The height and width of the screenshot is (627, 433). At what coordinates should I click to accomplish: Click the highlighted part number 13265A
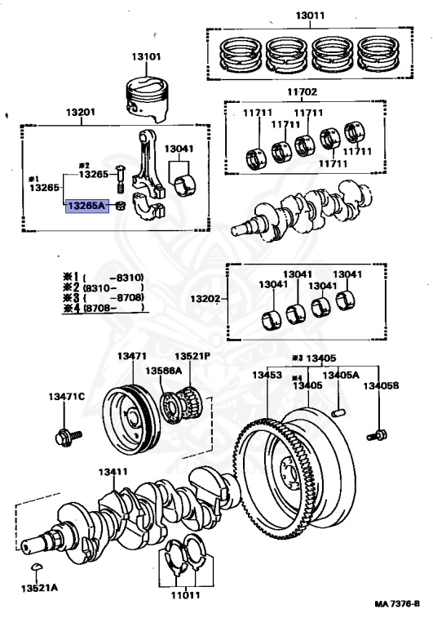tap(86, 207)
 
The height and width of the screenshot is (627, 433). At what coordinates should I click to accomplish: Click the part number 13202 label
tap(206, 300)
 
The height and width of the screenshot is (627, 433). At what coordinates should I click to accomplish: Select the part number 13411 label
tap(114, 472)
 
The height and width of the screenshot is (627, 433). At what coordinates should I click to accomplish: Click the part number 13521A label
tap(37, 588)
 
